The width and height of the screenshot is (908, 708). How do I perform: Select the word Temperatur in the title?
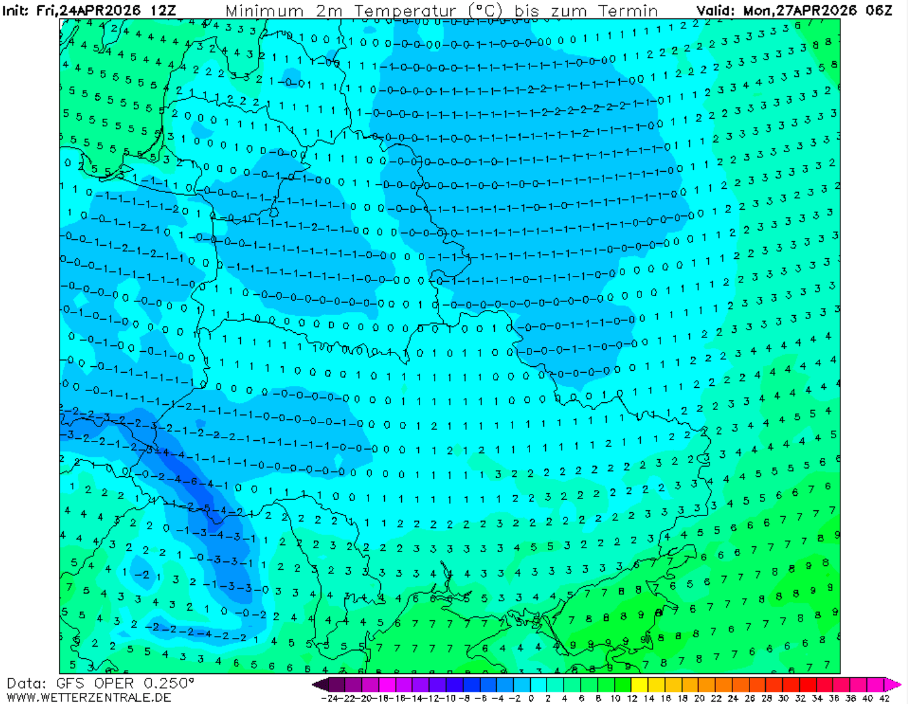pos(405,11)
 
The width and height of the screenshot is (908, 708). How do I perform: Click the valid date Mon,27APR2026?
pos(799,11)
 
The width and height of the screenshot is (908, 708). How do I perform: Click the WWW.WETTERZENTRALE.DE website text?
pos(88,698)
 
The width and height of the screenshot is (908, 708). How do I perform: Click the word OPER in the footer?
pos(114,683)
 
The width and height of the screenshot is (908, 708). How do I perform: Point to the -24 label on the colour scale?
pos(329,699)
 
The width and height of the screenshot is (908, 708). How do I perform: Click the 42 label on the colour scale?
pos(885,699)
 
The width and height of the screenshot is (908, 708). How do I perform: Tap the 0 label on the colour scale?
pos(531,699)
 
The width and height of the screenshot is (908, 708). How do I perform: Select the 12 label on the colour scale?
pos(632,699)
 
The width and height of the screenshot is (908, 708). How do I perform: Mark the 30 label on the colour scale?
pos(784,699)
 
